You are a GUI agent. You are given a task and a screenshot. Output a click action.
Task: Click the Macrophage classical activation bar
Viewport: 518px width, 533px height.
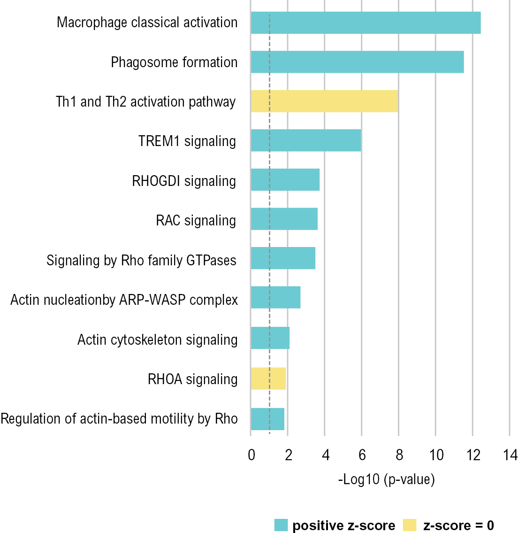point(366,23)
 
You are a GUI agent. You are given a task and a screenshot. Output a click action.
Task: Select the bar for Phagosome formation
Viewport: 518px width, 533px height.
point(357,62)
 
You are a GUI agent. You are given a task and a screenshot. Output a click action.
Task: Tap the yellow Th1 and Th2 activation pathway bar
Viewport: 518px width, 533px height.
point(324,101)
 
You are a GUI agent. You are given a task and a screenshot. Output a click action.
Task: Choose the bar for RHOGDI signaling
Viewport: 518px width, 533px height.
point(285,180)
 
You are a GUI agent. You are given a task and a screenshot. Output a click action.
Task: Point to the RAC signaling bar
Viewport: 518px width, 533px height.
point(284,219)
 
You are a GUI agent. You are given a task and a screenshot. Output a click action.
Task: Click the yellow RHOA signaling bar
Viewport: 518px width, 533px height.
point(268,379)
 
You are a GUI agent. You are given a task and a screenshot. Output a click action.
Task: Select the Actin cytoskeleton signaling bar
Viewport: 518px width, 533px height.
point(270,338)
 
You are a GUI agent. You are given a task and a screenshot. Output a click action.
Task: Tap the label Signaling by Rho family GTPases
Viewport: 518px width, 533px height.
point(141,260)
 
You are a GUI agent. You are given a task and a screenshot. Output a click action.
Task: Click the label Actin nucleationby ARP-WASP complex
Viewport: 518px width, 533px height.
point(124,300)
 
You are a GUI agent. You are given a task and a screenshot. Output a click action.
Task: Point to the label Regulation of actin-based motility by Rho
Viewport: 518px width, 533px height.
point(119,418)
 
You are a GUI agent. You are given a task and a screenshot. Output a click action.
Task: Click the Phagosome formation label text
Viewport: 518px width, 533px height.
point(174,62)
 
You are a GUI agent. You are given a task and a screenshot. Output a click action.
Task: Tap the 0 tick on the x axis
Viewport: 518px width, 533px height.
point(251,455)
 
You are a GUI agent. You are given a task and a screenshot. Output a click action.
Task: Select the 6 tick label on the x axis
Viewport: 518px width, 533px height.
point(362,455)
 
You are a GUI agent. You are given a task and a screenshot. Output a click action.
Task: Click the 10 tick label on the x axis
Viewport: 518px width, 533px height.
point(436,455)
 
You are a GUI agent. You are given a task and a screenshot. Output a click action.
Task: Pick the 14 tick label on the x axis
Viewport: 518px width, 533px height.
point(510,455)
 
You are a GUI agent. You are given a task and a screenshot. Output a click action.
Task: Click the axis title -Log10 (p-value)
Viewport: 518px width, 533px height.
point(386,479)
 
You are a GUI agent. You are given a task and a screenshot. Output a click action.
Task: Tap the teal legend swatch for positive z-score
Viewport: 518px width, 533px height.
point(281,525)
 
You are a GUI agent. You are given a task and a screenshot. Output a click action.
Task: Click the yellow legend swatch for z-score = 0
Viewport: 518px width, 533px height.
point(410,525)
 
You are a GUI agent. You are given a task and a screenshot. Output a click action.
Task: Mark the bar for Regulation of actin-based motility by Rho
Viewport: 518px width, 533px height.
point(267,419)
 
